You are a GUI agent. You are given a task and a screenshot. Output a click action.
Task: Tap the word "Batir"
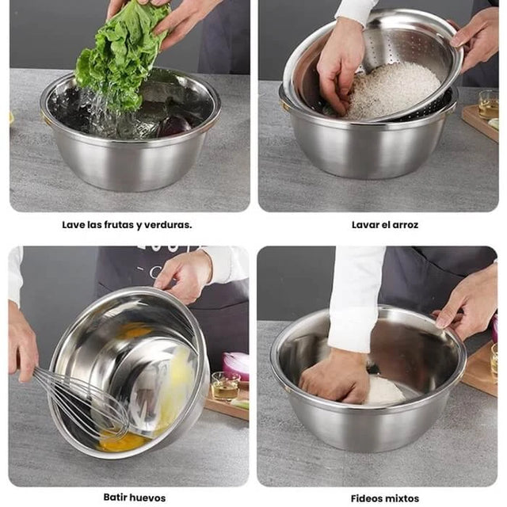point(114,497)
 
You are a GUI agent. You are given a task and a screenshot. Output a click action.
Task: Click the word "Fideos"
point(366,498)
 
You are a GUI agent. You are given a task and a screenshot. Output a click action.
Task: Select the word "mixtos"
point(402,498)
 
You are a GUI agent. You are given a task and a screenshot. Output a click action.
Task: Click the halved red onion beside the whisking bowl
point(235,366)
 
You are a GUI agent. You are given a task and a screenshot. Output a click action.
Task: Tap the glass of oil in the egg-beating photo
point(225,387)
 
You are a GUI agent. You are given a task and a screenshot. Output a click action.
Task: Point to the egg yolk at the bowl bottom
point(123,442)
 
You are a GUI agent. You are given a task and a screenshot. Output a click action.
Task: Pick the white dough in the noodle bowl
point(385,391)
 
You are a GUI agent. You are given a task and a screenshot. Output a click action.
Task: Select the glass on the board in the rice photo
point(488,104)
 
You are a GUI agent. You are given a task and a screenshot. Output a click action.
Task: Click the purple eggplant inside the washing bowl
point(174,125)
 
